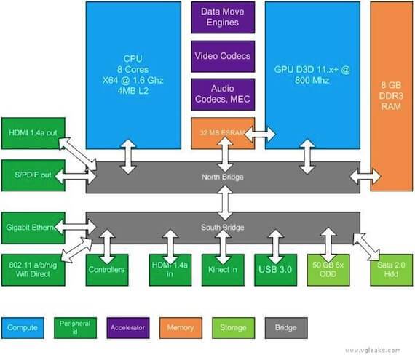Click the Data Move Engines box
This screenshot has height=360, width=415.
(x=223, y=17)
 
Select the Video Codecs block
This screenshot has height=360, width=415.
(x=223, y=56)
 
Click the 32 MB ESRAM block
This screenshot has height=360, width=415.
(x=220, y=133)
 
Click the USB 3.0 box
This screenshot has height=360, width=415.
(x=276, y=270)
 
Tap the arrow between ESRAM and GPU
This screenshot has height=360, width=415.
(x=260, y=134)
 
